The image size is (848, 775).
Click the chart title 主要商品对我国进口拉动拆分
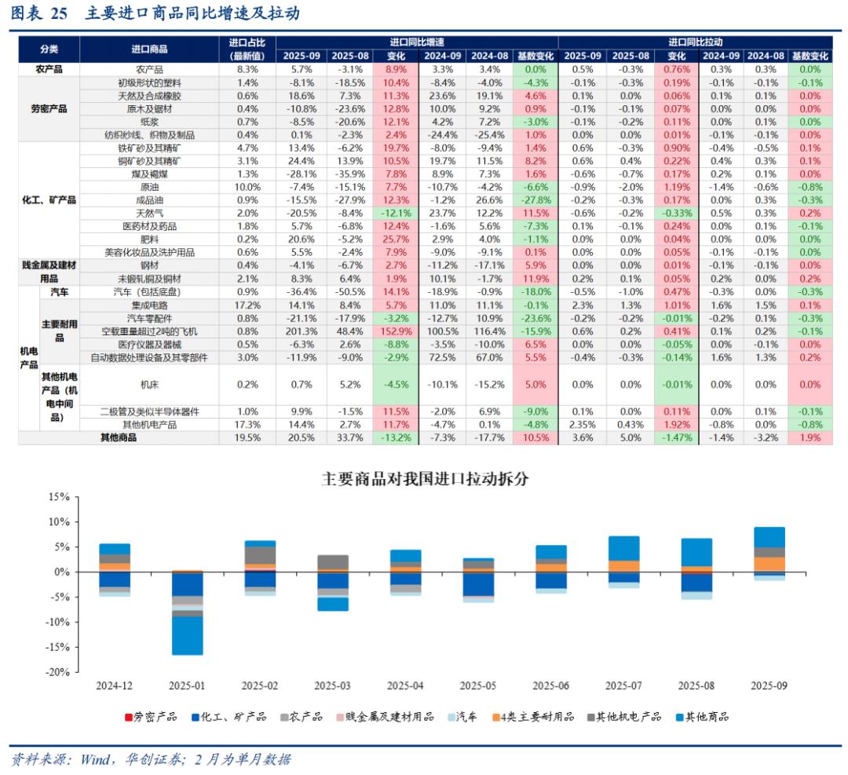(424, 478)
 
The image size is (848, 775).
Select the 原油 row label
(149, 188)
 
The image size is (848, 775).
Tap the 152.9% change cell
(396, 331)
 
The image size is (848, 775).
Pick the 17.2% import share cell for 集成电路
(247, 305)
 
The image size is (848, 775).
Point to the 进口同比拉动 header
(695, 42)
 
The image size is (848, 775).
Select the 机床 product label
(149, 385)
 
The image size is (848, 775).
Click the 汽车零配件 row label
(149, 318)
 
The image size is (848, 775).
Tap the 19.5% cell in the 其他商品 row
(247, 437)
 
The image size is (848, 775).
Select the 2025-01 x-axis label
(187, 685)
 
